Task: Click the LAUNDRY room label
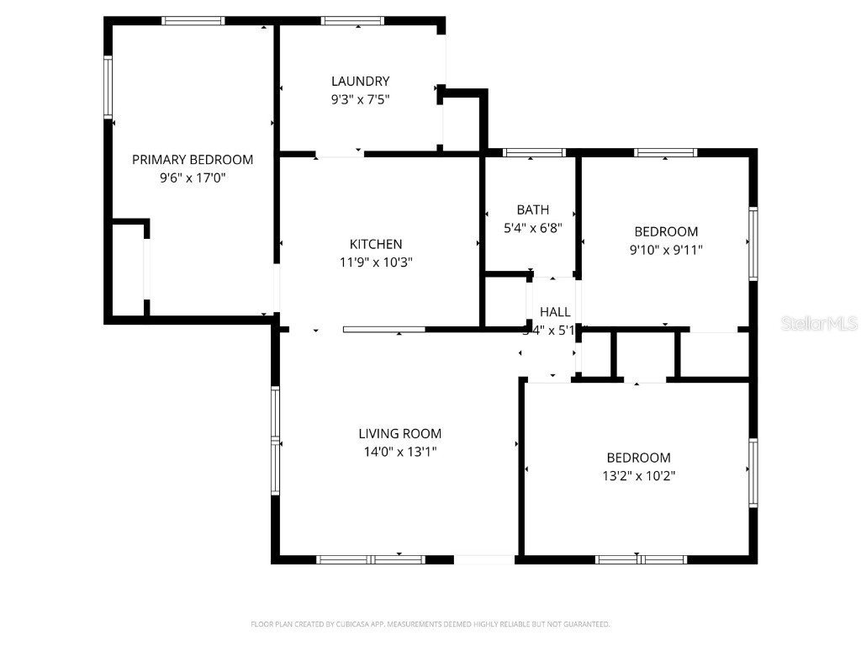coord(360,82)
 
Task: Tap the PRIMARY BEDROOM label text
coord(193,160)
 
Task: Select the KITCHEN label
coord(376,244)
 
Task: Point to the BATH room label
coord(532,209)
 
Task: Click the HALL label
coord(555,312)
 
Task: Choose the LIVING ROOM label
coord(399,434)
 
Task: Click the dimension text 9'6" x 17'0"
coord(193,178)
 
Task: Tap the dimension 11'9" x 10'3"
coord(376,262)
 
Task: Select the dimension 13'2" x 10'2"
coord(639,476)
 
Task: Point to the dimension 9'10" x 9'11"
coord(666,250)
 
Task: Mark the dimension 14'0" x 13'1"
coord(399,453)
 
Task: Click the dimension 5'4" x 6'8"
coord(532,228)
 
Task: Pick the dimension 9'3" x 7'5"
coord(360,99)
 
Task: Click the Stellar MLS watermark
coord(819,323)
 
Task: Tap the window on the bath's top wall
coord(534,153)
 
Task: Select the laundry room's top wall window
coord(353,21)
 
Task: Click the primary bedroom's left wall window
coord(108,87)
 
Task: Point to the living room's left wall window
coord(275,440)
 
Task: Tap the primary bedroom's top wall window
coord(193,21)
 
